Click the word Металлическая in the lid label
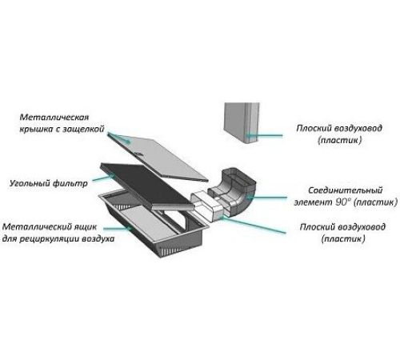[x=54, y=118]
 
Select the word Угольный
[x=30, y=184]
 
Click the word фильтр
[x=70, y=184]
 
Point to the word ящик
[x=85, y=227]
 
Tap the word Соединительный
[x=346, y=190]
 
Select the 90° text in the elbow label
[x=342, y=202]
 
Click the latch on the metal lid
[x=138, y=154]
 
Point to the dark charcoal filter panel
[x=147, y=186]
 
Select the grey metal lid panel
[x=158, y=157]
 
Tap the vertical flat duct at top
[x=242, y=123]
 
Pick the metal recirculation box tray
[x=154, y=223]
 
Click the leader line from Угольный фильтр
[x=104, y=178]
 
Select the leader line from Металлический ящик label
[x=118, y=228]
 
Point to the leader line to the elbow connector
[x=267, y=198]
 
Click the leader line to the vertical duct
[x=264, y=135]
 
